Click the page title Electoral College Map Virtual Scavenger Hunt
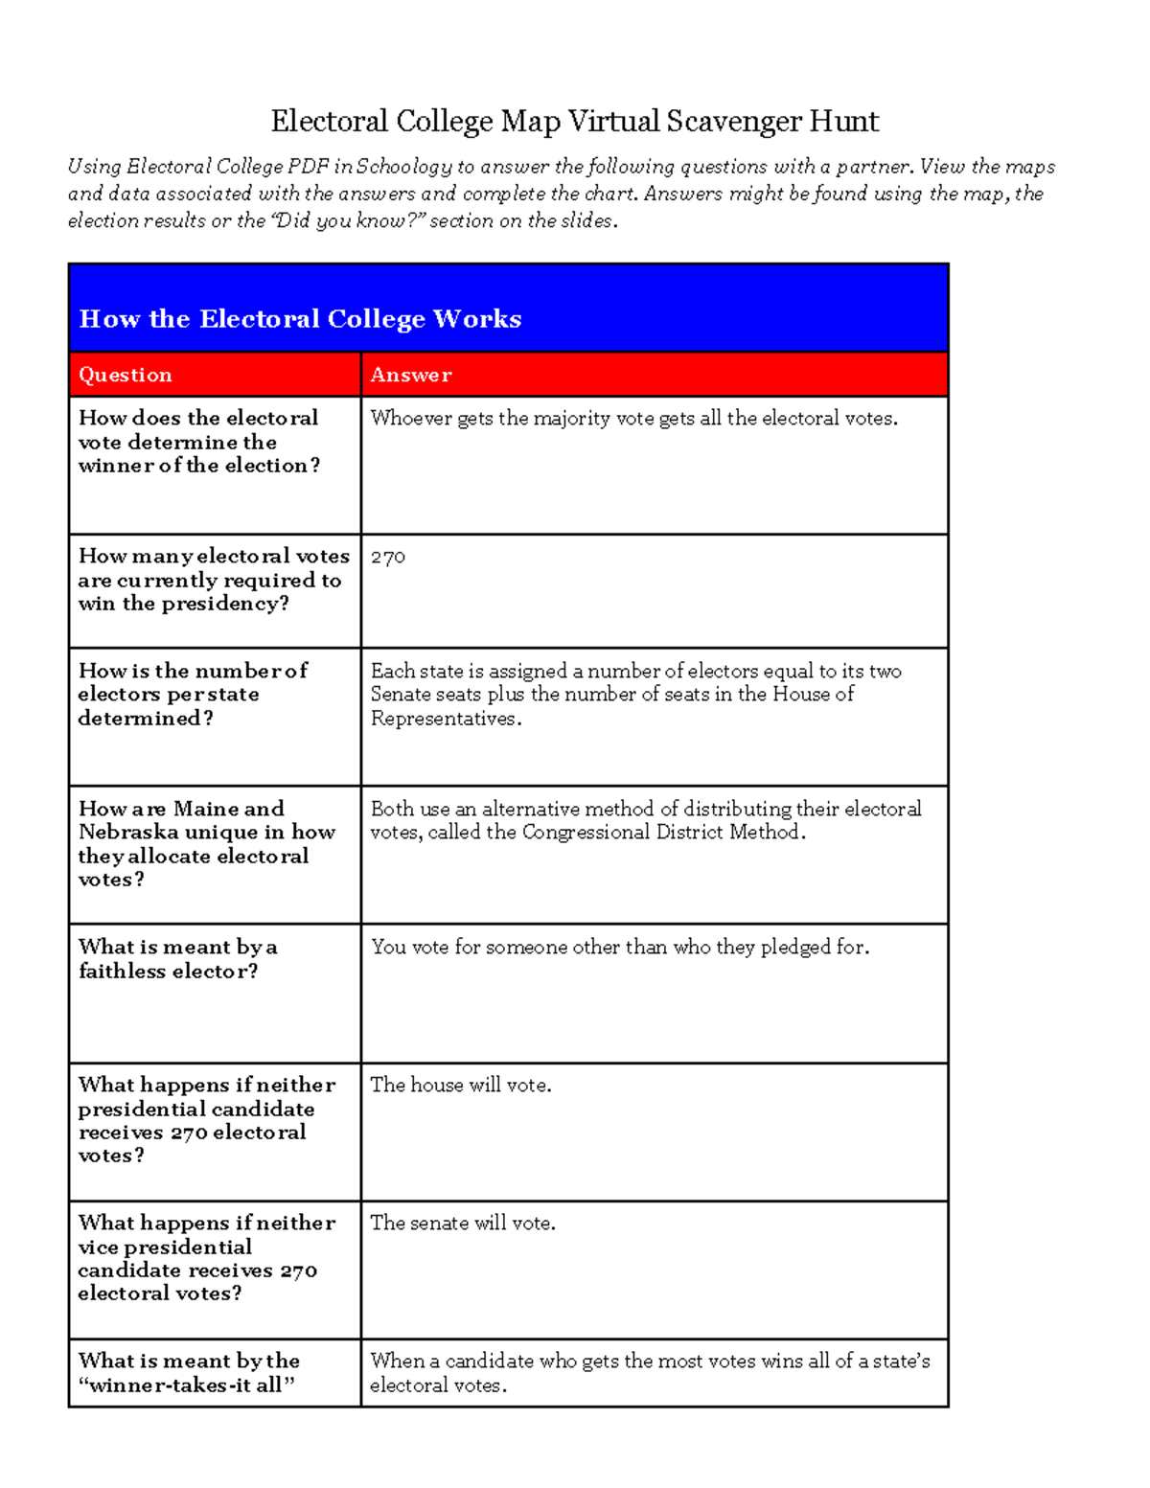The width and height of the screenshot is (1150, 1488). pyautogui.click(x=574, y=122)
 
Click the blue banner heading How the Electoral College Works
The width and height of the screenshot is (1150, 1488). pyautogui.click(x=300, y=318)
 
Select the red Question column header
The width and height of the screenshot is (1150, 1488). pyautogui.click(x=126, y=375)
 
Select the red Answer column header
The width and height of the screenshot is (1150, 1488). pyautogui.click(x=411, y=375)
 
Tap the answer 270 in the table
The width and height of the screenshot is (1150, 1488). pyautogui.click(x=388, y=557)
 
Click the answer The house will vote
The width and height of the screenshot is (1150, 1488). pyautogui.click(x=461, y=1085)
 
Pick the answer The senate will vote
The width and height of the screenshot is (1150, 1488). pyautogui.click(x=463, y=1223)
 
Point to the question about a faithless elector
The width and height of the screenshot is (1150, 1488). pyautogui.click(x=178, y=958)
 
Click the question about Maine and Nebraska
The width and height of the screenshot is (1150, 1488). pyautogui.click(x=206, y=843)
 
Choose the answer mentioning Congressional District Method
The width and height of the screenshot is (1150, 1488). pyautogui.click(x=645, y=820)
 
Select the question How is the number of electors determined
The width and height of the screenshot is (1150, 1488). pyautogui.click(x=192, y=694)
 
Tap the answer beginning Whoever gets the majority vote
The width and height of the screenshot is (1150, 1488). pyautogui.click(x=633, y=418)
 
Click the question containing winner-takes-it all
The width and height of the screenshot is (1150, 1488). pyautogui.click(x=189, y=1372)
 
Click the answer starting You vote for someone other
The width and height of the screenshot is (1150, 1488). pyautogui.click(x=620, y=947)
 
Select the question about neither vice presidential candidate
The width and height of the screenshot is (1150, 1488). pyautogui.click(x=206, y=1257)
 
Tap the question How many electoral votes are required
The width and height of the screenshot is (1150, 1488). pyautogui.click(x=213, y=579)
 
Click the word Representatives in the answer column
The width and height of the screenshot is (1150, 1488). pyautogui.click(x=444, y=719)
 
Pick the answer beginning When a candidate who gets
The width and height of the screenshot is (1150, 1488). pyautogui.click(x=649, y=1372)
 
